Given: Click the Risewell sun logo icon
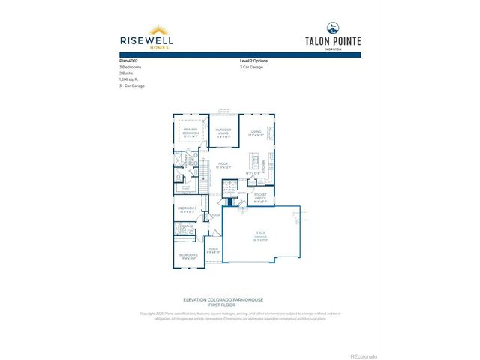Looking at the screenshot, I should coord(160,31).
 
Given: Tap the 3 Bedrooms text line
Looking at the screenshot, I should coord(131,67).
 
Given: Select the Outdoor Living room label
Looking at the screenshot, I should coord(223,133).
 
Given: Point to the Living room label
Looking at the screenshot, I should coord(256,133).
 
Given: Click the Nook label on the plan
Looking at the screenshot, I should coord(223,165).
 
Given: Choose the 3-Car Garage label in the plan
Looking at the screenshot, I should coord(261,237).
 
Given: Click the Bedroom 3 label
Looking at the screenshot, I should coord(187,209).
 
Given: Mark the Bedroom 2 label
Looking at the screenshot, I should coord(187,256).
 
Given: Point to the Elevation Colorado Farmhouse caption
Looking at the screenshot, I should coord(240,301).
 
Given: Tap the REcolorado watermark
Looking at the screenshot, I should coord(364,354).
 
